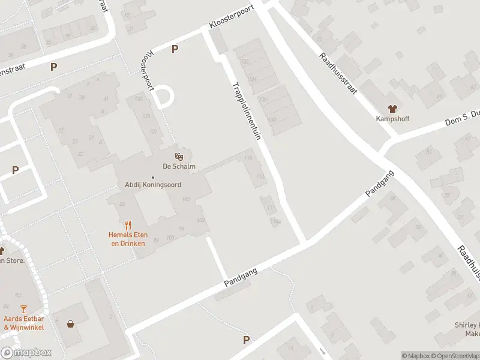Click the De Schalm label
[x=179, y=167]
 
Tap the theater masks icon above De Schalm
[x=179, y=157]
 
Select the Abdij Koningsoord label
[x=152, y=185]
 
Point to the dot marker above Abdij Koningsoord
[x=152, y=177]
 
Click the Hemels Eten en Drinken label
[x=128, y=238]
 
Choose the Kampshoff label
[x=393, y=119]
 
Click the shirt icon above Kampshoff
[x=393, y=109]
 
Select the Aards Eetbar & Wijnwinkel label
[x=23, y=323]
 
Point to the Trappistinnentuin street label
[x=247, y=111]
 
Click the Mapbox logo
[x=26, y=353]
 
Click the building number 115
[x=248, y=158]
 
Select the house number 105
[x=185, y=199]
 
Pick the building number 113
[x=260, y=176]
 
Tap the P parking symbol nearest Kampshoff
[x=175, y=49]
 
